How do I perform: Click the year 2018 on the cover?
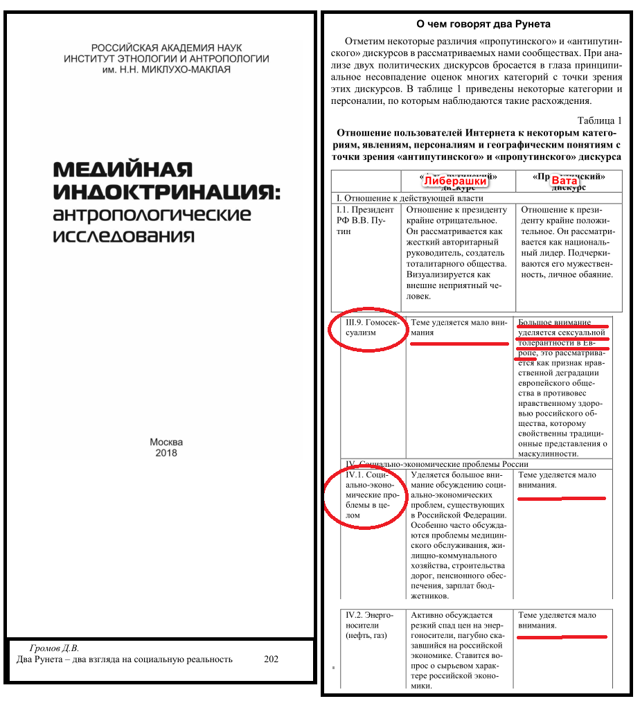pos(166,453)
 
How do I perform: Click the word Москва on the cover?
pos(166,442)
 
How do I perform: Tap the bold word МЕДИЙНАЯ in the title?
pos(123,170)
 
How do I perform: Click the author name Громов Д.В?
pos(54,648)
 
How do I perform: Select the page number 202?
pos(271,659)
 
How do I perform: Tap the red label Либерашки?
pos(455,181)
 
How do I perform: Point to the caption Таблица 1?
pos(599,120)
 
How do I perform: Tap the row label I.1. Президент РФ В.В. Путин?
pos(364,220)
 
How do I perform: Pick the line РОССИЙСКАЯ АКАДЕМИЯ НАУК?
pos(166,48)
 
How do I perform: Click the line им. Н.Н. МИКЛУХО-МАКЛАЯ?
pos(166,69)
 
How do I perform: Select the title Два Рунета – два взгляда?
pos(125,659)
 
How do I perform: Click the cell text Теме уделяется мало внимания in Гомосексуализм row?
pos(459,327)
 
